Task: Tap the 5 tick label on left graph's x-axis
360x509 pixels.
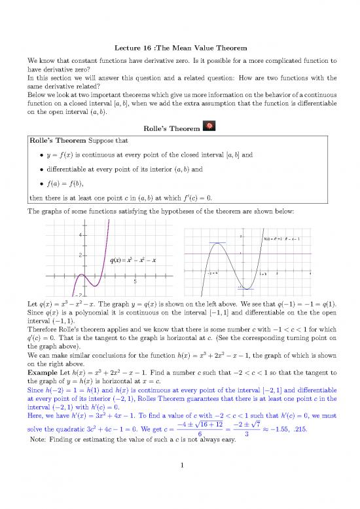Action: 135,282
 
